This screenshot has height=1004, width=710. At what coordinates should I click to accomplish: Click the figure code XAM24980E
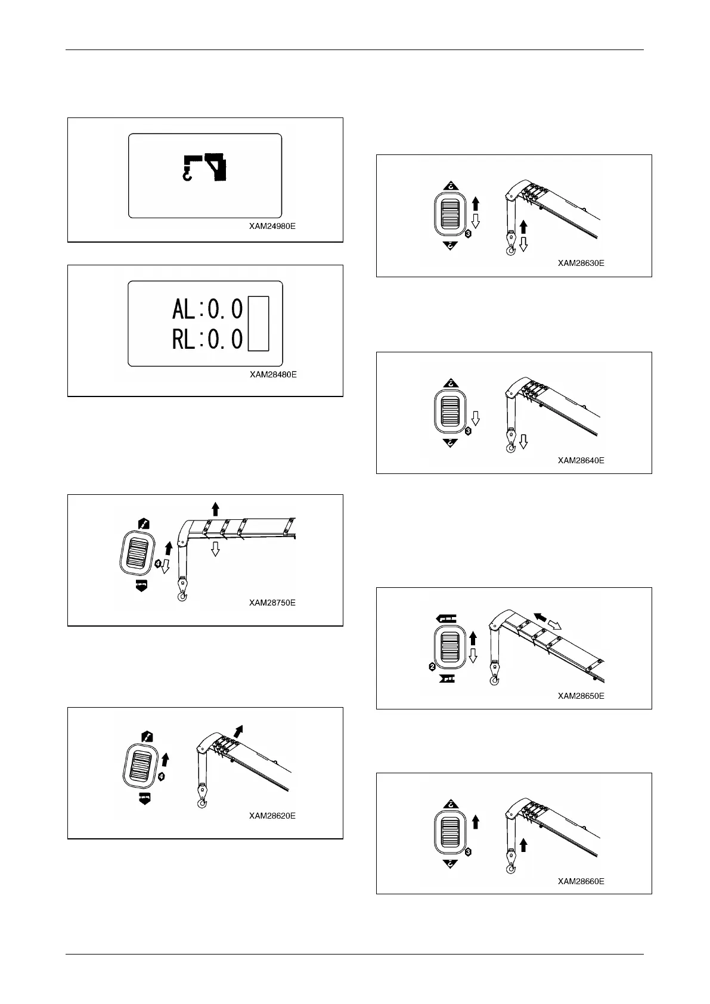click(272, 227)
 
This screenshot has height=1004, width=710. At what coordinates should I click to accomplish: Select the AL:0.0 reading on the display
click(207, 309)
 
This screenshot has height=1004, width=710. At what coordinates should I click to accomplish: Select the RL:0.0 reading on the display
click(207, 339)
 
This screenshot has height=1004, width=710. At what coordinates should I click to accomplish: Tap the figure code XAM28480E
click(273, 374)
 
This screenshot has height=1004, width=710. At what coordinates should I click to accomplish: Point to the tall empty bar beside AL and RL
click(258, 324)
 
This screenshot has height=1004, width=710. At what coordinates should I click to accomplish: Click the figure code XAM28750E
click(272, 603)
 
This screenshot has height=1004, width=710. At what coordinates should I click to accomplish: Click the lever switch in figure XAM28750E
click(141, 552)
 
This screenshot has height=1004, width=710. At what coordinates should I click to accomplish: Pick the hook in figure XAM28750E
click(182, 596)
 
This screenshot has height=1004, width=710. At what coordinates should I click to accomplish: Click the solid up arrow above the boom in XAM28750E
click(215, 509)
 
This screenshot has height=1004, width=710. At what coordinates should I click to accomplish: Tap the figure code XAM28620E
click(272, 816)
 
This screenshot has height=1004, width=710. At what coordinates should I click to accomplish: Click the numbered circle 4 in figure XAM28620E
click(161, 777)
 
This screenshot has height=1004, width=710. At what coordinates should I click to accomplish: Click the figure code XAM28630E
click(581, 263)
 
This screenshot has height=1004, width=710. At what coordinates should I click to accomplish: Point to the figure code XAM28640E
click(581, 460)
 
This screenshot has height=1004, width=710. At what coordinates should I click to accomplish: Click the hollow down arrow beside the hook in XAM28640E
click(523, 441)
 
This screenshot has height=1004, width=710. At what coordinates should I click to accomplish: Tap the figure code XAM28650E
click(581, 696)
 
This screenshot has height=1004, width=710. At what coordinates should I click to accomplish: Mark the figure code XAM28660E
click(581, 881)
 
